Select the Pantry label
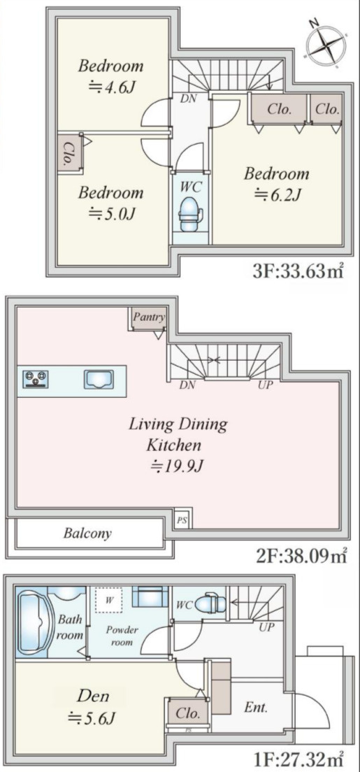pyautogui.click(x=149, y=317)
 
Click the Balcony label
pyautogui.click(x=87, y=533)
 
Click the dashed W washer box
pyautogui.click(x=110, y=599)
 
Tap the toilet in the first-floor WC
pyautogui.click(x=211, y=601)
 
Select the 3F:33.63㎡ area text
pyautogui.click(x=298, y=271)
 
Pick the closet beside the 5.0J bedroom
pyautogui.click(x=69, y=152)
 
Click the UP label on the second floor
pyautogui.click(x=266, y=385)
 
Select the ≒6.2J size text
pyautogui.click(x=278, y=196)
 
